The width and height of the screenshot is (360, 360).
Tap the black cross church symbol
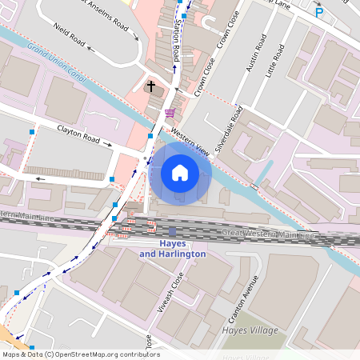[150, 86]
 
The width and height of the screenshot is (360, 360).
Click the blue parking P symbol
[319, 11]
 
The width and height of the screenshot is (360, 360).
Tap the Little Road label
[277, 58]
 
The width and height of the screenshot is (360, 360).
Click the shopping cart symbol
[170, 113]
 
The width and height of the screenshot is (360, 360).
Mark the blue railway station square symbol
[172, 230]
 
